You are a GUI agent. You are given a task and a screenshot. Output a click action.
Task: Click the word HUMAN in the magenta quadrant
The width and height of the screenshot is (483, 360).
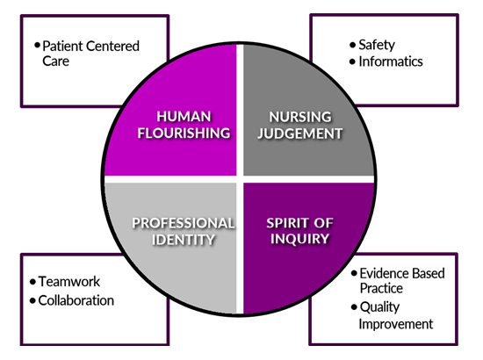click(184, 117)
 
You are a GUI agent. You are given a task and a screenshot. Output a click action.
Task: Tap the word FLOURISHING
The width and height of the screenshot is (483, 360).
click(184, 133)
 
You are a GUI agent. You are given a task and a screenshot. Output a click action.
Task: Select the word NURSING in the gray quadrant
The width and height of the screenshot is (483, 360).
click(300, 117)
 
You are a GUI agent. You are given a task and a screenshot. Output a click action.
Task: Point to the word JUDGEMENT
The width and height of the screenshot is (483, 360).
click(300, 133)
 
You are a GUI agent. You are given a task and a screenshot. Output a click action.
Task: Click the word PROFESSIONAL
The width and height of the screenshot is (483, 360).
click(184, 223)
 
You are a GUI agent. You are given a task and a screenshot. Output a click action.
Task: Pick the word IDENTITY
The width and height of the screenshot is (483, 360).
click(184, 240)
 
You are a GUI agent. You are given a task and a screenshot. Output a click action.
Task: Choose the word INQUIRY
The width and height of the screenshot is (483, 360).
click(300, 239)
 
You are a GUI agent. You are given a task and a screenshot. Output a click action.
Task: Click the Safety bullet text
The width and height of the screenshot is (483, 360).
click(377, 46)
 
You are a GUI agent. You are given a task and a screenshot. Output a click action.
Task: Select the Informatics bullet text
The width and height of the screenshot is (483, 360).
click(391, 61)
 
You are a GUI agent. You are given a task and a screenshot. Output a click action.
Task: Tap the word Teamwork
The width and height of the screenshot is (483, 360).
click(69, 282)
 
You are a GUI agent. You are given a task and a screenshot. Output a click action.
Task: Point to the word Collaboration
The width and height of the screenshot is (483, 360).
click(76, 300)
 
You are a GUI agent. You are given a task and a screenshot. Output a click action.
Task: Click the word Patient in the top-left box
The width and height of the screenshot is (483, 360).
click(62, 47)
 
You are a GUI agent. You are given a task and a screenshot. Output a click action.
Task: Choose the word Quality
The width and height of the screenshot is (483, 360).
click(379, 307)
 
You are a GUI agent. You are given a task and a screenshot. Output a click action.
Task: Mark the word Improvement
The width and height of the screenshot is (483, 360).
click(396, 324)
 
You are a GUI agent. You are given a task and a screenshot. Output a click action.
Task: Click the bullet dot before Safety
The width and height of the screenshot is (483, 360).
click(353, 46)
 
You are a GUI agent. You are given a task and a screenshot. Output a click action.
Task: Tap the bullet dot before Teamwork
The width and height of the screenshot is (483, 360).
click(32, 282)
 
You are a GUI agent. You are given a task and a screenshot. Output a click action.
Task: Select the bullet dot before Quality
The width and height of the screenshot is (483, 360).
click(354, 307)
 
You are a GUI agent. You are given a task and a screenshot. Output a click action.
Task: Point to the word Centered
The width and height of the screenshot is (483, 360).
click(112, 47)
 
